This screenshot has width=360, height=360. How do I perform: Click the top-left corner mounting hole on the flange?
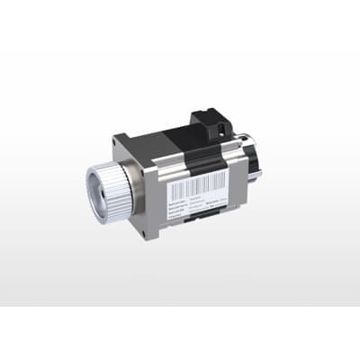121,143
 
